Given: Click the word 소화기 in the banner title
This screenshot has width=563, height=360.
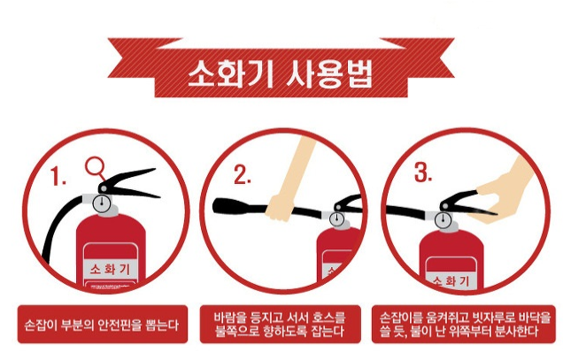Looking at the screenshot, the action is (x=231, y=74).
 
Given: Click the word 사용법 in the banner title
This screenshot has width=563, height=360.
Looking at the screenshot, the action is (x=329, y=74).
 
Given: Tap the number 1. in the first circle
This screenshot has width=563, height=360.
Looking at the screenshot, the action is (x=58, y=176).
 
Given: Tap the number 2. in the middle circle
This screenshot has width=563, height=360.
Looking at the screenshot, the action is (x=243, y=174).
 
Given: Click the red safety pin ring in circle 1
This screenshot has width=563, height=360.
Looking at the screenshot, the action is (x=95, y=166).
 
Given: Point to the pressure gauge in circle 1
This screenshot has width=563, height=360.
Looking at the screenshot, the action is (x=102, y=203).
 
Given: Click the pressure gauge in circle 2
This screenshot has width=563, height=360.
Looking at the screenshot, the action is (x=336, y=218).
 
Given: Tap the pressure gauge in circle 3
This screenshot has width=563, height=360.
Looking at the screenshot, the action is (x=443, y=219).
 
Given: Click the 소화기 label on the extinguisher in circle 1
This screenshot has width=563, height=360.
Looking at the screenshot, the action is (x=110, y=269).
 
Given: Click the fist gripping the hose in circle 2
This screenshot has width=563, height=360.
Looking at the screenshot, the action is (x=280, y=208).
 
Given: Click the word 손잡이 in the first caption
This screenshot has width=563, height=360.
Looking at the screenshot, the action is (x=41, y=325).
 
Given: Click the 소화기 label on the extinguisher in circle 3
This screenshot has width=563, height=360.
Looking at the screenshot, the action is (x=451, y=280).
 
